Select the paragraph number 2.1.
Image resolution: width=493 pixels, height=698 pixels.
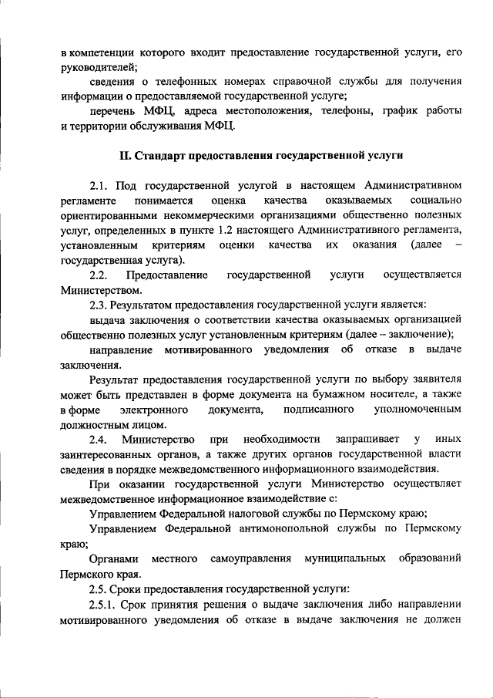tap(99, 185)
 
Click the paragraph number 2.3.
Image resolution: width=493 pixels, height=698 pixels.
tap(99, 305)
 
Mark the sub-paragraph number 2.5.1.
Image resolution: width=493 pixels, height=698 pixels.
tap(105, 603)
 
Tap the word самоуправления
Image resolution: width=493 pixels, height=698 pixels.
tap(250, 558)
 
